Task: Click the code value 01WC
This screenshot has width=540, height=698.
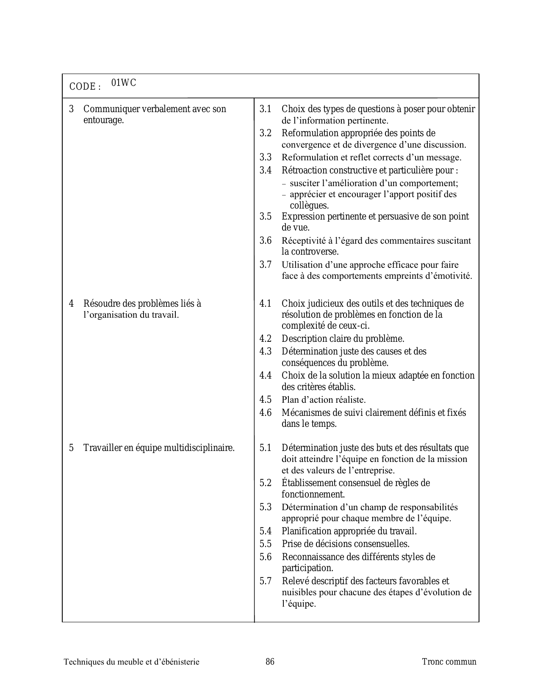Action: pos(124,83)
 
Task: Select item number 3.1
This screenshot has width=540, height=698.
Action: pos(265,109)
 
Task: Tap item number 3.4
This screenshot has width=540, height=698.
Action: pos(265,170)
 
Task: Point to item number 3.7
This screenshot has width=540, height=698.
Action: pos(265,265)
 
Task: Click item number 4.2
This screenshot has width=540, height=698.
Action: pos(265,339)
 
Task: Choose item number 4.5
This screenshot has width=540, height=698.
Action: pos(265,400)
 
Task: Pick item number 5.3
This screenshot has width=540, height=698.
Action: pos(265,507)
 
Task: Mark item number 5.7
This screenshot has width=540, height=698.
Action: pos(265,581)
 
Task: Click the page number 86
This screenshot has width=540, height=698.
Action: pos(270,662)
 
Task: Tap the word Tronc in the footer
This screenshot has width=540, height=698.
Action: pos(433,662)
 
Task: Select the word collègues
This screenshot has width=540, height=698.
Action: pos(309,206)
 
